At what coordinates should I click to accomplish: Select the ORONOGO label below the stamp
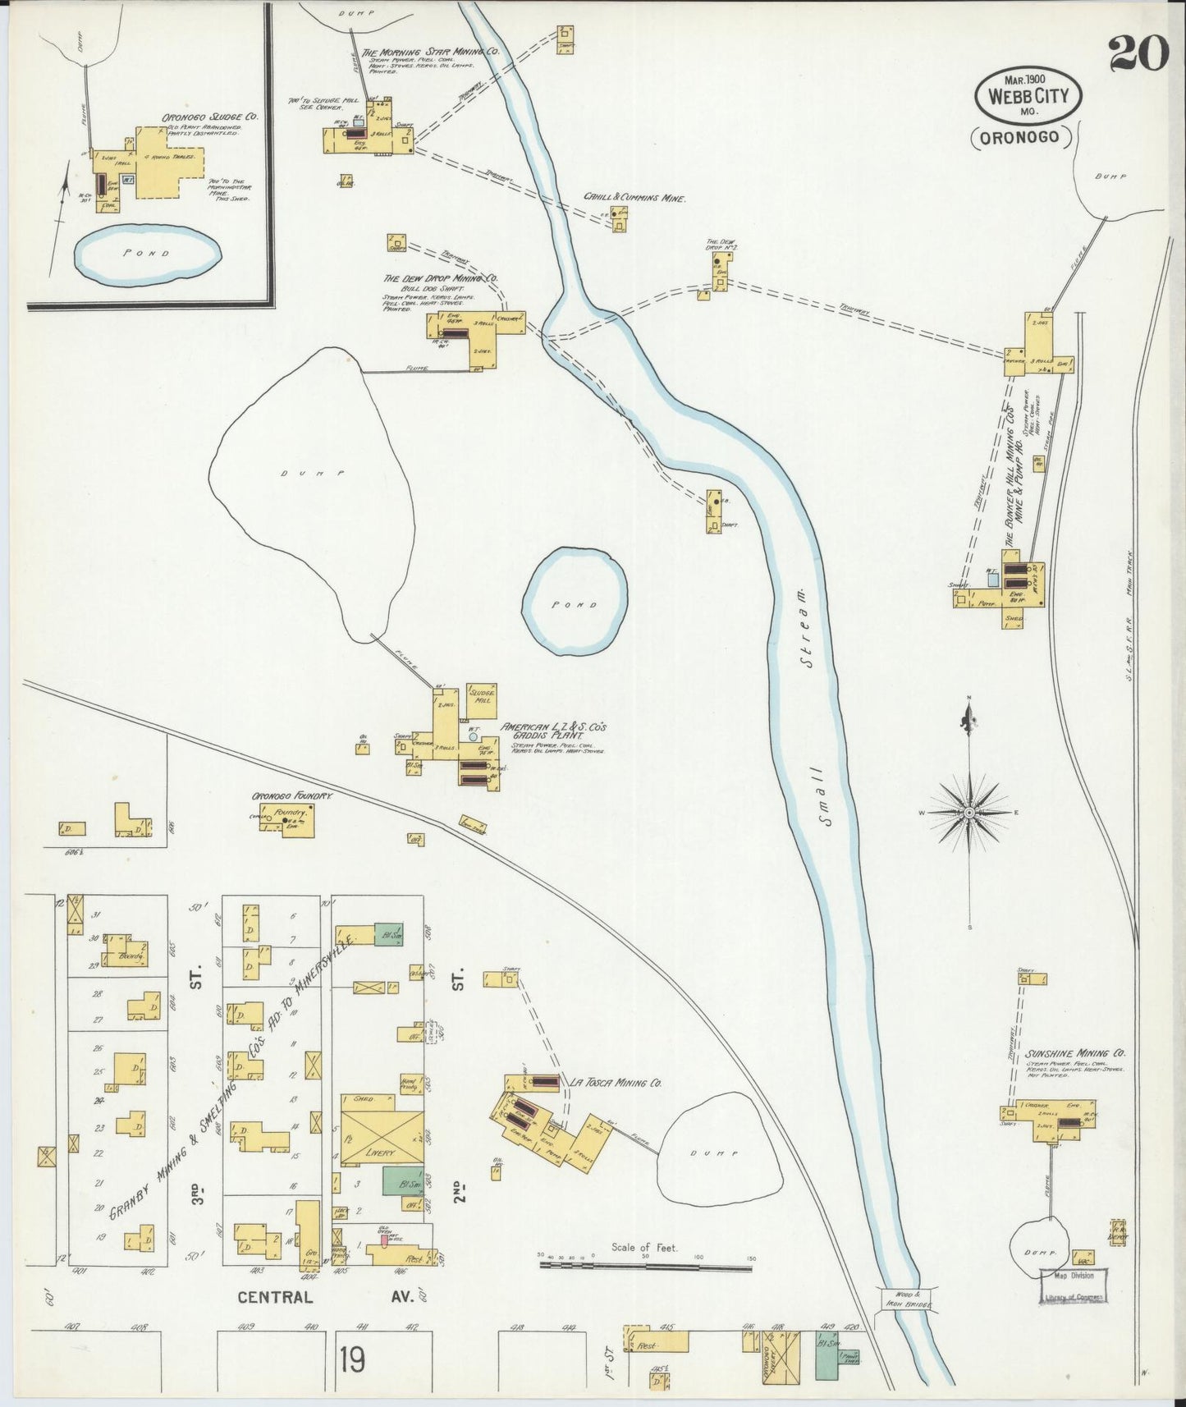click(1023, 140)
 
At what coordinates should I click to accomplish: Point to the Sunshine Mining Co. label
click(1075, 1053)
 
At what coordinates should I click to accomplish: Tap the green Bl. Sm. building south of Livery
click(397, 1181)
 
